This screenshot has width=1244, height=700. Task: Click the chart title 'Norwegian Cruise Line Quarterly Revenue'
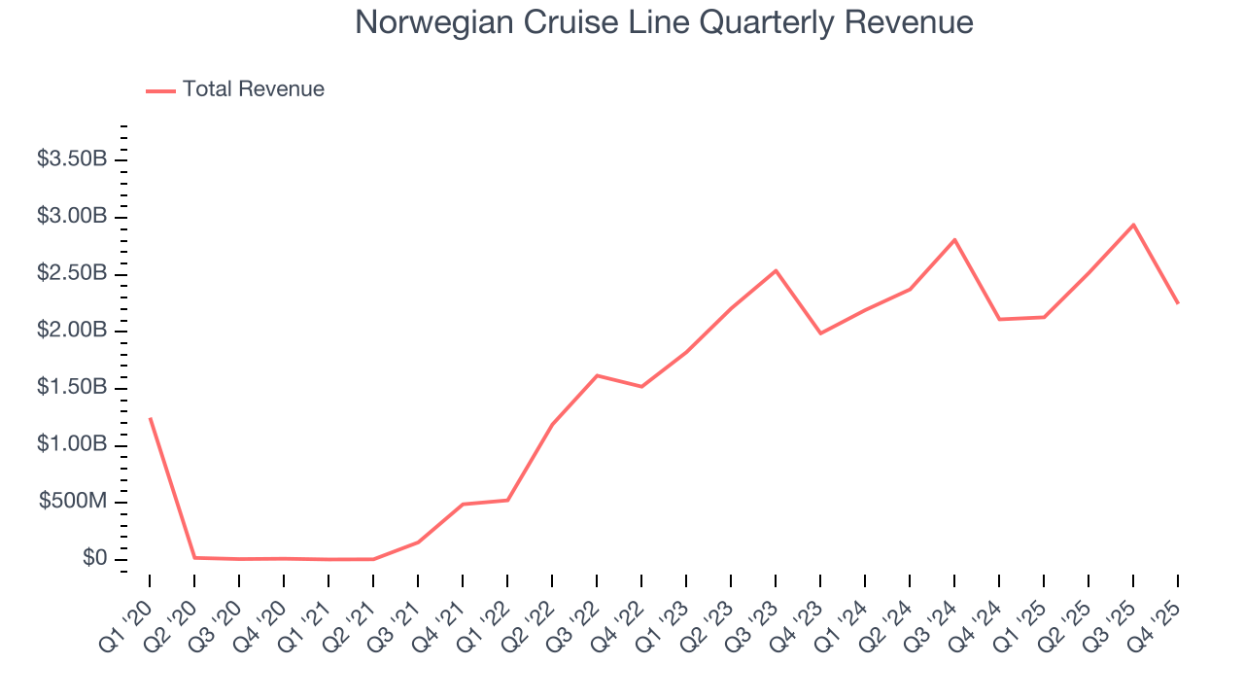coord(664,22)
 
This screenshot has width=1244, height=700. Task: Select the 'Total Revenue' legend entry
coord(253,89)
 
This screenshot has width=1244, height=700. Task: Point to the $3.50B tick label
coord(72,158)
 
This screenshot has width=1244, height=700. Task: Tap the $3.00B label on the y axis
coord(72,216)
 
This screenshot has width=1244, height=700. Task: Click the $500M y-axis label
coord(73,502)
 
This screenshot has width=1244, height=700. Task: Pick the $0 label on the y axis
coord(93,559)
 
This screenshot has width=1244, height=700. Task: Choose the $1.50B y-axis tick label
coord(72,388)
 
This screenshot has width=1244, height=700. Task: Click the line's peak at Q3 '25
coord(1133,225)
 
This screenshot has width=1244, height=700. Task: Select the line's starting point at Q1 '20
coord(150,418)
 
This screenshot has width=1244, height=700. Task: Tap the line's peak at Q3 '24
coord(954,239)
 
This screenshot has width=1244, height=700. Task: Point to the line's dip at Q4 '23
coord(820,333)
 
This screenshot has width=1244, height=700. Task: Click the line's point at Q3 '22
coord(597,375)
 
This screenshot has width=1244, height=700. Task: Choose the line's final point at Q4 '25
coord(1178,303)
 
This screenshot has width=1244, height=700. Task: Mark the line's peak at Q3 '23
coord(776,270)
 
